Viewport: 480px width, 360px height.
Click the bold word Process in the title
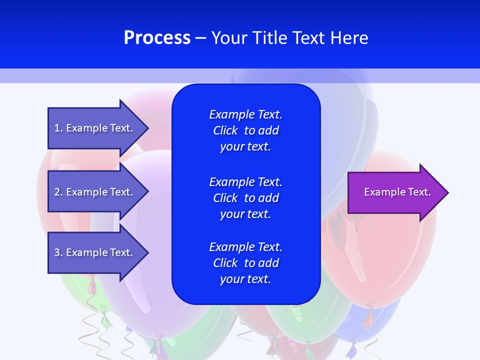coord(157,38)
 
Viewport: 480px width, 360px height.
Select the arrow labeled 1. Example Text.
coord(95,128)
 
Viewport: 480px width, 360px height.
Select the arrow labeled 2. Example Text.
coord(95,192)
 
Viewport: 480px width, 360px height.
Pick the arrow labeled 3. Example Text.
coord(95,252)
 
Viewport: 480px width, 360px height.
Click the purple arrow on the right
coord(395,192)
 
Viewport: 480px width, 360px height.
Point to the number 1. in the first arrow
coord(58,128)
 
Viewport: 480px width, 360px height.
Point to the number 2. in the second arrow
coord(58,192)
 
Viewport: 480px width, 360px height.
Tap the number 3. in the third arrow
coord(58,252)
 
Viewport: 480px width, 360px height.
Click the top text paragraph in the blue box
coord(245,130)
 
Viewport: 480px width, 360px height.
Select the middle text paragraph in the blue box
coord(245,198)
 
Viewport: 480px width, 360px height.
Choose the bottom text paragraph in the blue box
coord(245,263)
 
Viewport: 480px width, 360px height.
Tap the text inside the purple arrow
coord(397,192)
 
